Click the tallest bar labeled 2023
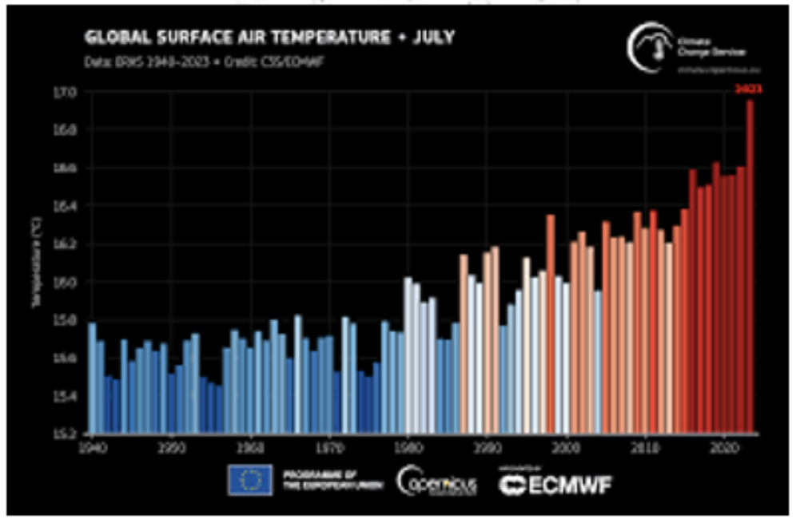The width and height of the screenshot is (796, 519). tap(750, 263)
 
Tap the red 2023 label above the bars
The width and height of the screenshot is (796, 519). tap(749, 90)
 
